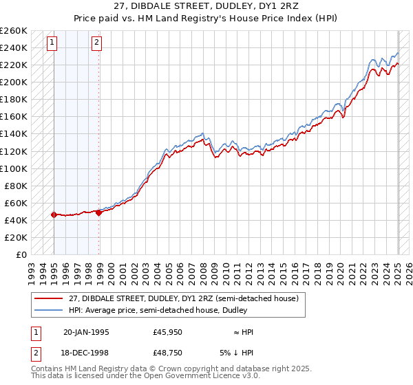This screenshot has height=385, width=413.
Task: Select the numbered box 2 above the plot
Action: coord(97,43)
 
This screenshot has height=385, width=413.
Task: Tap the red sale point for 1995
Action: coord(54,214)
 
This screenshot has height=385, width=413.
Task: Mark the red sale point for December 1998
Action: coord(99,212)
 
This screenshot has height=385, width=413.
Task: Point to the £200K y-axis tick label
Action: coord(14,82)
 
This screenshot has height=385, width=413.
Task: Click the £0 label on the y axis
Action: coord(21,254)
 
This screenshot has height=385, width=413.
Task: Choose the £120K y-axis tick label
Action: coord(14,151)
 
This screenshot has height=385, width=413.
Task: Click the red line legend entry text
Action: coord(183,298)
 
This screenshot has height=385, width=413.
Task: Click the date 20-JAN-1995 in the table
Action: coord(86,332)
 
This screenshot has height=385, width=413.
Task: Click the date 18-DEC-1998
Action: coord(86,353)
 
